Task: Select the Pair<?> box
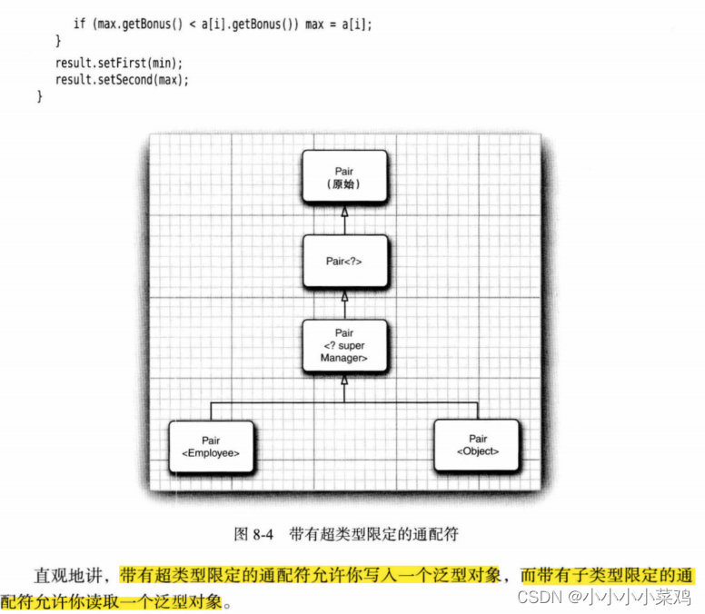(x=343, y=261)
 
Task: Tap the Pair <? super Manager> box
(x=343, y=345)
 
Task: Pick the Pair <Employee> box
(x=211, y=446)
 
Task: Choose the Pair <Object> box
(x=478, y=444)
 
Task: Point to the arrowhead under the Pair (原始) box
(x=343, y=212)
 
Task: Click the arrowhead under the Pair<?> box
(x=343, y=296)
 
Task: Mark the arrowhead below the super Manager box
(x=343, y=381)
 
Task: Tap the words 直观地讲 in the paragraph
(x=72, y=575)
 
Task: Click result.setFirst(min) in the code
(x=119, y=63)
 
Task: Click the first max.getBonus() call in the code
(x=136, y=25)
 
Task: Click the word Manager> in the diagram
(x=343, y=359)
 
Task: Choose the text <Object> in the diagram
(x=478, y=451)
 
